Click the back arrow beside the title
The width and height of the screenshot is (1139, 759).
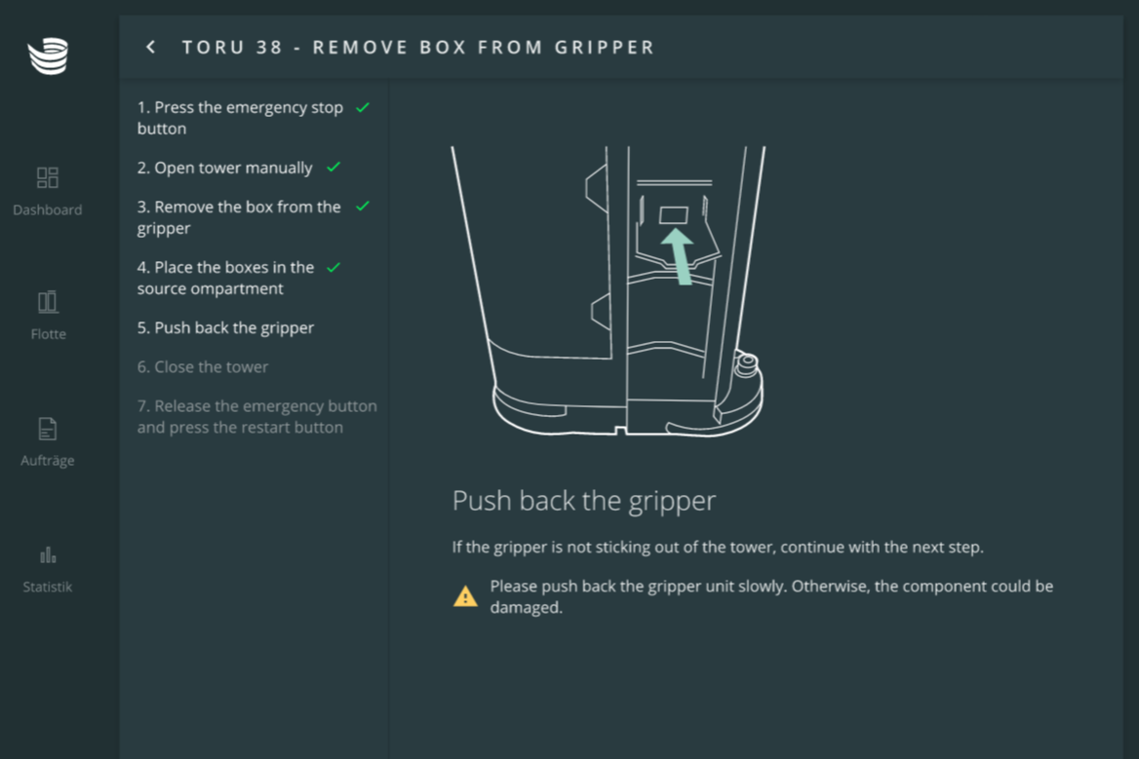point(150,47)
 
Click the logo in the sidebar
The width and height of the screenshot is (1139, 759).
point(48,56)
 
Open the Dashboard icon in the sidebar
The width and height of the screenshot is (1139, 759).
point(47,177)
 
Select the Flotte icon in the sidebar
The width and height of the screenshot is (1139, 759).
point(48,302)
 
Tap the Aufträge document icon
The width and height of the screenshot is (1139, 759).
point(47,429)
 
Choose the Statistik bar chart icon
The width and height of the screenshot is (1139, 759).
point(48,555)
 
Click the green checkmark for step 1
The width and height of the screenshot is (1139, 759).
point(363,107)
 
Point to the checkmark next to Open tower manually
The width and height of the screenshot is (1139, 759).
point(334,168)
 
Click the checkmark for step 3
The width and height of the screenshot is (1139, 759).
point(363,207)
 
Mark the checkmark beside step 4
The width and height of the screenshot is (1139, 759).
point(334,268)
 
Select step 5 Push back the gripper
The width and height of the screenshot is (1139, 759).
point(226,328)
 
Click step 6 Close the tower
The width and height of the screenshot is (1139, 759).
point(203,367)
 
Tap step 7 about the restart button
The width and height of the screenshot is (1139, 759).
point(257,416)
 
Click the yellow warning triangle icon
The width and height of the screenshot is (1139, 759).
point(465,596)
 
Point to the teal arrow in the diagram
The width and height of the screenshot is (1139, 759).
point(679,257)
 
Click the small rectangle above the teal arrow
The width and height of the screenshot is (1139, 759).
point(674,214)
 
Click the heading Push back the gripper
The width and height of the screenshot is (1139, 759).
point(584,501)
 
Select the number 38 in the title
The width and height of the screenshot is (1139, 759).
point(269,47)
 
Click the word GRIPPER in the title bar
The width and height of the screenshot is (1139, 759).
point(605,47)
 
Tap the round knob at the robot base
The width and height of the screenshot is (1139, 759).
point(747,363)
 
